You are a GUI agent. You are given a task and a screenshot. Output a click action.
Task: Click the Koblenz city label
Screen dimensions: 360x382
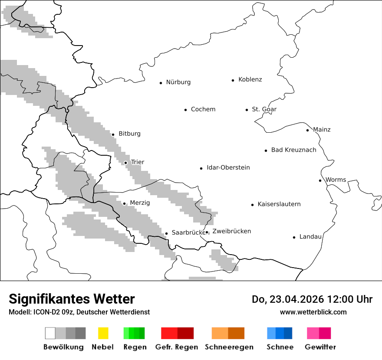250,79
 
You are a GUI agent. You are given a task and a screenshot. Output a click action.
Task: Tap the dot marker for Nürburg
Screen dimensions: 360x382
161,82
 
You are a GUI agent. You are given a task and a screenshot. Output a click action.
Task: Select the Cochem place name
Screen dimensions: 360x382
203,109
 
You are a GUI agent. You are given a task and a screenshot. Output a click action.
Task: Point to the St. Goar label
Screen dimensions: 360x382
264,109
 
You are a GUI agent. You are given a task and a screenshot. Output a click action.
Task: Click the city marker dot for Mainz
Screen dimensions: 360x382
307,130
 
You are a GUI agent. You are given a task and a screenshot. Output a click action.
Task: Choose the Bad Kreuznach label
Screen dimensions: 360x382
293,150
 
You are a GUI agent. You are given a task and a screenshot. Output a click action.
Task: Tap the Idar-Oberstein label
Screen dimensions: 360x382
228,168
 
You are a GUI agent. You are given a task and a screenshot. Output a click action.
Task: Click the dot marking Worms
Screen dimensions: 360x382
320,180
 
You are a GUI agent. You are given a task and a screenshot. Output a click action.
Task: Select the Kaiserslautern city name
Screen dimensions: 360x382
279,204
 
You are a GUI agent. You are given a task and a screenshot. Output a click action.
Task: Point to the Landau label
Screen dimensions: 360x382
310,237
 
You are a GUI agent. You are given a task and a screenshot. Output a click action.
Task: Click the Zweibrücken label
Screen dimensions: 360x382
231,232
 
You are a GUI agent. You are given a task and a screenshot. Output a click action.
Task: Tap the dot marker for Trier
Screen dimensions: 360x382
125,163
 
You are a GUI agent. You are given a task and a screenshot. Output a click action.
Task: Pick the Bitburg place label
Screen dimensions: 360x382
129,134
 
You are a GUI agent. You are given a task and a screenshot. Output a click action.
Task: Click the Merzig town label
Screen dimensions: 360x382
140,203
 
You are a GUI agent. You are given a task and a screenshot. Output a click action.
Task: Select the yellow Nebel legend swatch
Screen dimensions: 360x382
103,333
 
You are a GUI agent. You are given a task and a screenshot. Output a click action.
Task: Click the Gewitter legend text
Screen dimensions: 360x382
320,347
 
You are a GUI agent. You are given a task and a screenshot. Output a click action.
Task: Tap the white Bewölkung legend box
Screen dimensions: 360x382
50,333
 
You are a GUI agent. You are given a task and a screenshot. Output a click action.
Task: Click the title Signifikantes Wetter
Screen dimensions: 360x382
72,299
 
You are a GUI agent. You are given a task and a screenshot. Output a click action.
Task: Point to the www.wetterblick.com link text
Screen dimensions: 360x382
313,312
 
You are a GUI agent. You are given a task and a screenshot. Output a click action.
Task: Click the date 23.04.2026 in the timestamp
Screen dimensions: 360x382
297,299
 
